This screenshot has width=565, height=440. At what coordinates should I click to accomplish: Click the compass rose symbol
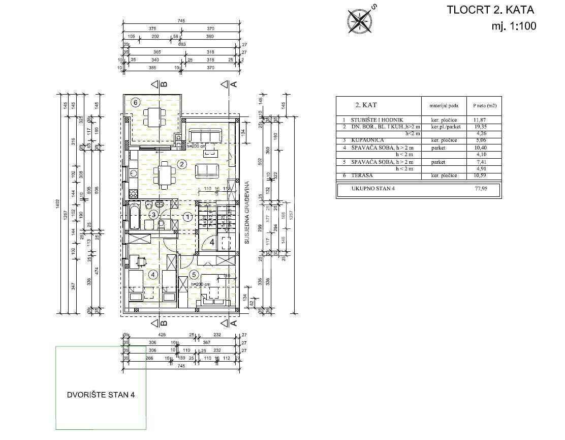360,20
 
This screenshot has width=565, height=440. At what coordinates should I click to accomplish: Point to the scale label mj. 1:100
514,26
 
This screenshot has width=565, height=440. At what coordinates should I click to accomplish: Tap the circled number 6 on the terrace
136,102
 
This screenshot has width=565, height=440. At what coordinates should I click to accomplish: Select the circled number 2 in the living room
182,164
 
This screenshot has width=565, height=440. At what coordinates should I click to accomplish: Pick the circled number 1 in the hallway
188,217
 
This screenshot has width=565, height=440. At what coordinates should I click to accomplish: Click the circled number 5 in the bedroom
194,275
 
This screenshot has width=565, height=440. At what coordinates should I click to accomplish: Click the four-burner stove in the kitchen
135,193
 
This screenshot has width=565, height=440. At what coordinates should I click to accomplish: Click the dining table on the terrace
153,116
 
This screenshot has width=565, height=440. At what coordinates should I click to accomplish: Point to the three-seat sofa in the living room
205,135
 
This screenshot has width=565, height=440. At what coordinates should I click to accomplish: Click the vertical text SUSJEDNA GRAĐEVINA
247,214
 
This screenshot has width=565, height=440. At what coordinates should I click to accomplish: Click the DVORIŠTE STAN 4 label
101,394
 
